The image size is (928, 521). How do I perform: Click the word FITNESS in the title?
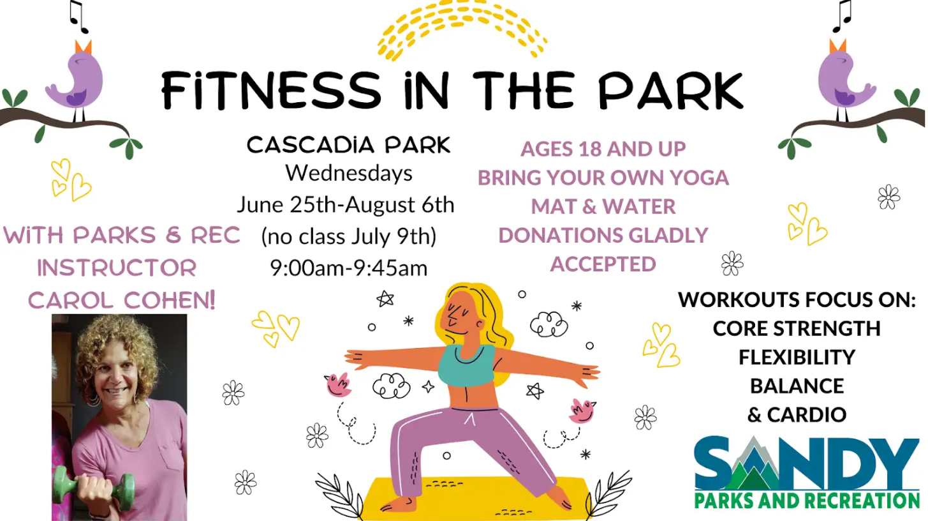click(x=270, y=90)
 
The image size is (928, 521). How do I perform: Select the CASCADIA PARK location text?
click(x=348, y=145)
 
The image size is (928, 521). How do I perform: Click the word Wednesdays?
click(x=349, y=174)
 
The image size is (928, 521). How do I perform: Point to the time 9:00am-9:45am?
click(x=349, y=268)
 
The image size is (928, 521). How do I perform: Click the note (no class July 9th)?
click(x=349, y=236)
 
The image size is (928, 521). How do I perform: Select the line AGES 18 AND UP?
click(x=603, y=149)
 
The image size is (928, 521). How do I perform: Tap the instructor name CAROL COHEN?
click(x=122, y=300)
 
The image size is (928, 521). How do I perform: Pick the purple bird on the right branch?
click(x=845, y=79)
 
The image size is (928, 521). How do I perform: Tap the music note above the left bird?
click(x=78, y=17)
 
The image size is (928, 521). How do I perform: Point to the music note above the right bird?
click(x=843, y=16)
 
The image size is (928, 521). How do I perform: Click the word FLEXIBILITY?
click(x=797, y=357)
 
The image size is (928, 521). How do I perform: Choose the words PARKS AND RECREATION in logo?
click(x=807, y=501)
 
